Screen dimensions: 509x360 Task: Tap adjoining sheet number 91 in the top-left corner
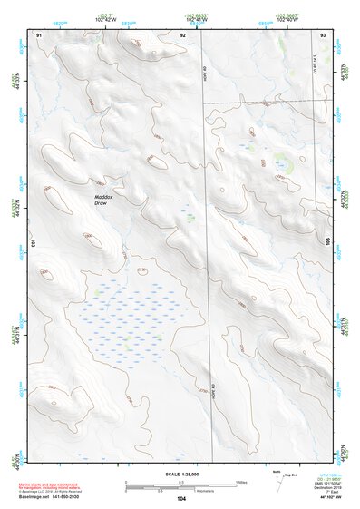tap(39, 34)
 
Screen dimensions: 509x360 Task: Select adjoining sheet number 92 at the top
tap(182, 34)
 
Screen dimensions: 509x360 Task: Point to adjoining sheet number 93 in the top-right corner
tap(323, 34)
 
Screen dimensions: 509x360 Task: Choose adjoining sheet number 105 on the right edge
tap(328, 243)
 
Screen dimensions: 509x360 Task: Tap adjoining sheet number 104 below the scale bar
tap(181, 498)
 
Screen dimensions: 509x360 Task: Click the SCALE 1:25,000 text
tap(182, 474)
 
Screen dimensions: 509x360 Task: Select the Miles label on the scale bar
tap(240, 481)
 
